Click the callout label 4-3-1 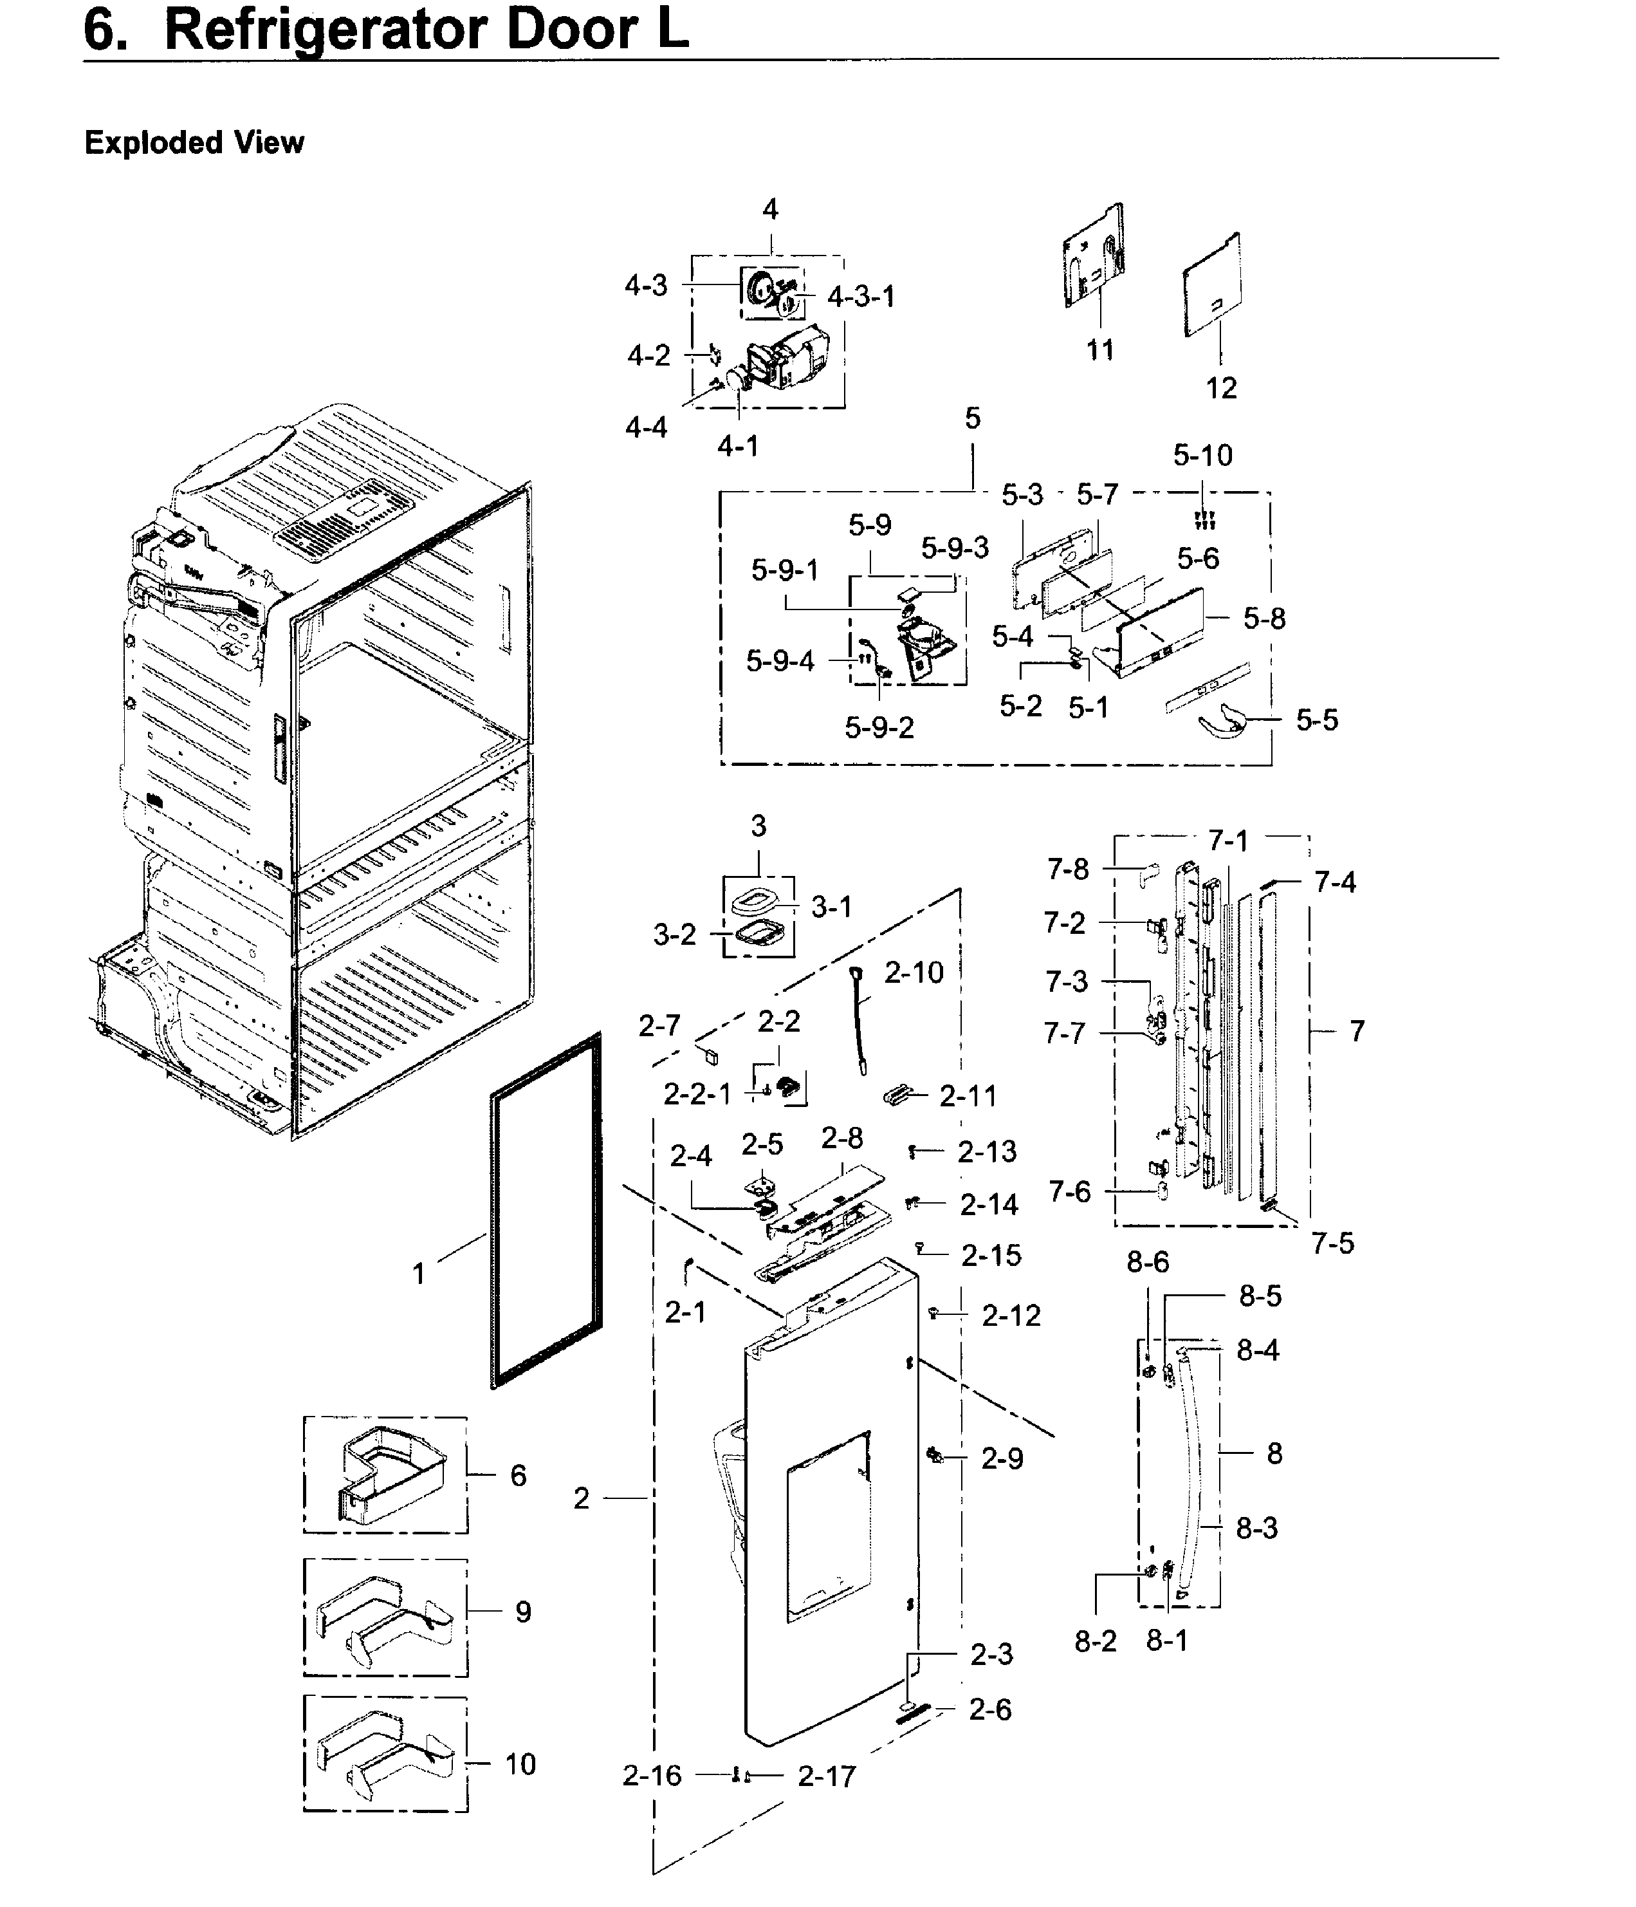tap(860, 296)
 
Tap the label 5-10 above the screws tap(1202, 454)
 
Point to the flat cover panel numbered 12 tap(1213, 284)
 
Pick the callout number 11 tap(1099, 349)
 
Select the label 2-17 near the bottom tap(826, 1776)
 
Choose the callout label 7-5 tap(1332, 1243)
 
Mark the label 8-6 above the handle tap(1148, 1262)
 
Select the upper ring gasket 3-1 tap(758, 897)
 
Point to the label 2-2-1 tap(697, 1093)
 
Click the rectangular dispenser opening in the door tap(828, 1527)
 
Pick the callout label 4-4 tap(646, 427)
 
